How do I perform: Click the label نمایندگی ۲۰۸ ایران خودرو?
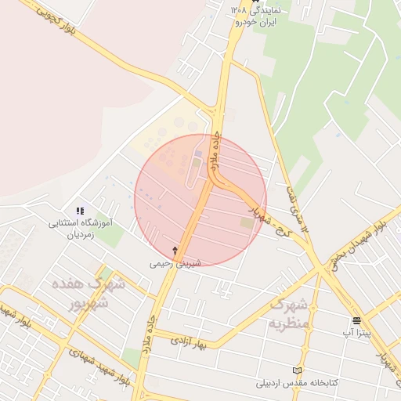[x=262, y=16]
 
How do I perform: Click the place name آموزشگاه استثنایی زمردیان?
[x=82, y=228]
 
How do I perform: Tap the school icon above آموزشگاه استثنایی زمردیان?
[x=80, y=211]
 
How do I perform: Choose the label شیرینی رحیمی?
[x=175, y=263]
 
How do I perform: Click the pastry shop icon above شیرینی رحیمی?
[x=175, y=251]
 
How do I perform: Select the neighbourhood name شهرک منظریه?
[x=291, y=313]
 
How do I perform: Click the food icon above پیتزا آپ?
[x=357, y=320]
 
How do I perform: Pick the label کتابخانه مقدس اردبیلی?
[x=297, y=384]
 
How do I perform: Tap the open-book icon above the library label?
[x=296, y=370]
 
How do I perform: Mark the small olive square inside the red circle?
[x=247, y=223]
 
